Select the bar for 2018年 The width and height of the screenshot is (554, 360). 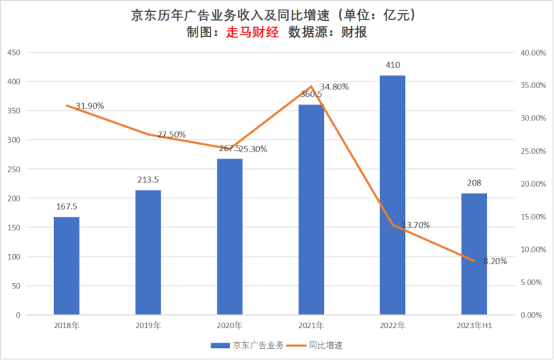(66, 266)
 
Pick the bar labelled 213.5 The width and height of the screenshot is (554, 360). (148, 253)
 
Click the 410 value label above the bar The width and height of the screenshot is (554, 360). (393, 66)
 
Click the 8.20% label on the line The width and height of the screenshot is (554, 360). (495, 262)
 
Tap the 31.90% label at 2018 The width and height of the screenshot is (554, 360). (90, 106)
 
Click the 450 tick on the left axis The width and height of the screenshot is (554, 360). (12, 53)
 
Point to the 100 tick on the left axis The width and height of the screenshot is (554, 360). (12, 257)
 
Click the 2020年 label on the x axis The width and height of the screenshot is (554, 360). (229, 325)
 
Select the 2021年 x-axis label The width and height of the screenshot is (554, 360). (311, 325)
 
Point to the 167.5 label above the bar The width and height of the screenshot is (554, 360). (66, 206)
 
